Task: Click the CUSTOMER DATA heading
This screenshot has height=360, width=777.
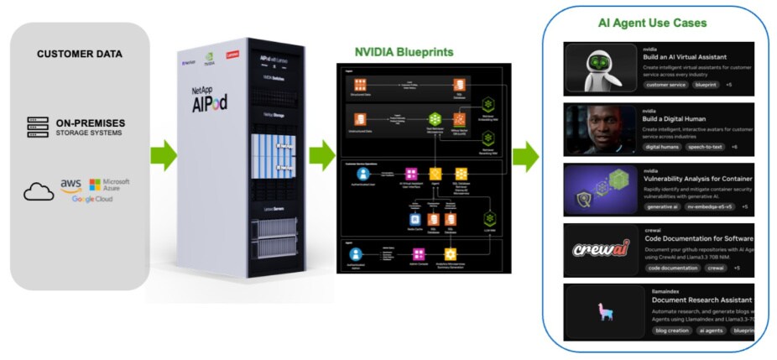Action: click(x=80, y=55)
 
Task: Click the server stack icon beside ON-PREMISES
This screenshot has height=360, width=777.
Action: click(x=34, y=126)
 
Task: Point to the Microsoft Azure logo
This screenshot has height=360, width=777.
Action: click(x=110, y=184)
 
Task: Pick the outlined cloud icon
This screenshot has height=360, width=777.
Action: click(x=38, y=192)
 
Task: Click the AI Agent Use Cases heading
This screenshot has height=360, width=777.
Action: click(x=652, y=23)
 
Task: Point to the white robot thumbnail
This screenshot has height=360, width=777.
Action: click(x=600, y=69)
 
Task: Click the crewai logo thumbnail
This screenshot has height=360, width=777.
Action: click(x=601, y=250)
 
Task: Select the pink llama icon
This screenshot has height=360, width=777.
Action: click(x=601, y=310)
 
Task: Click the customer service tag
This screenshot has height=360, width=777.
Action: click(x=664, y=85)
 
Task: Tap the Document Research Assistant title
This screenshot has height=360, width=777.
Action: click(x=701, y=300)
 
